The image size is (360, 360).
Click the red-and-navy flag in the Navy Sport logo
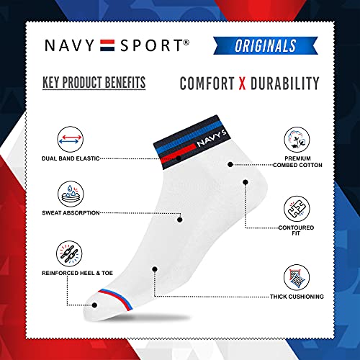pyautogui.click(x=107, y=45)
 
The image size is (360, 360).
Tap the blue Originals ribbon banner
pyautogui.click(x=266, y=45)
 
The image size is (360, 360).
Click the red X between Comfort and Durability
pyautogui.click(x=243, y=84)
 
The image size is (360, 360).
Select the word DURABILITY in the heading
pyautogui.click(x=285, y=84)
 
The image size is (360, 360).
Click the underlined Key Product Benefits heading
pyautogui.click(x=94, y=83)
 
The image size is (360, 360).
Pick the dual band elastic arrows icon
pyautogui.click(x=71, y=139)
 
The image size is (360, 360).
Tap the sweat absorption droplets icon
pyautogui.click(x=71, y=194)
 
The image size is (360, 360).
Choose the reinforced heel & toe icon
pyautogui.click(x=69, y=253)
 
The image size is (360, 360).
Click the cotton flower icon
pyautogui.click(x=297, y=140)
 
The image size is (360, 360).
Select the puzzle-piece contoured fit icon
pyautogui.click(x=297, y=209)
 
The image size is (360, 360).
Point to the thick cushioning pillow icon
pyautogui.click(x=297, y=277)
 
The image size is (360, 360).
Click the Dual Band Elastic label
pyautogui.click(x=71, y=158)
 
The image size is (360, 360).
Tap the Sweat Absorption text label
pyautogui.click(x=71, y=213)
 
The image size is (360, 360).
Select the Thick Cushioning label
pyautogui.click(x=297, y=297)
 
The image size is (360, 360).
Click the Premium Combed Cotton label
pyautogui.click(x=297, y=162)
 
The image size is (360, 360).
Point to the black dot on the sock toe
pyautogui.click(x=94, y=305)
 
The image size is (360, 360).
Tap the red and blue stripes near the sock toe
pyautogui.click(x=116, y=299)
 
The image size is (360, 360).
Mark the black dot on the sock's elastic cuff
pyautogui.click(x=179, y=158)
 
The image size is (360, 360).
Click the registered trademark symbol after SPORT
pyautogui.click(x=186, y=42)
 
